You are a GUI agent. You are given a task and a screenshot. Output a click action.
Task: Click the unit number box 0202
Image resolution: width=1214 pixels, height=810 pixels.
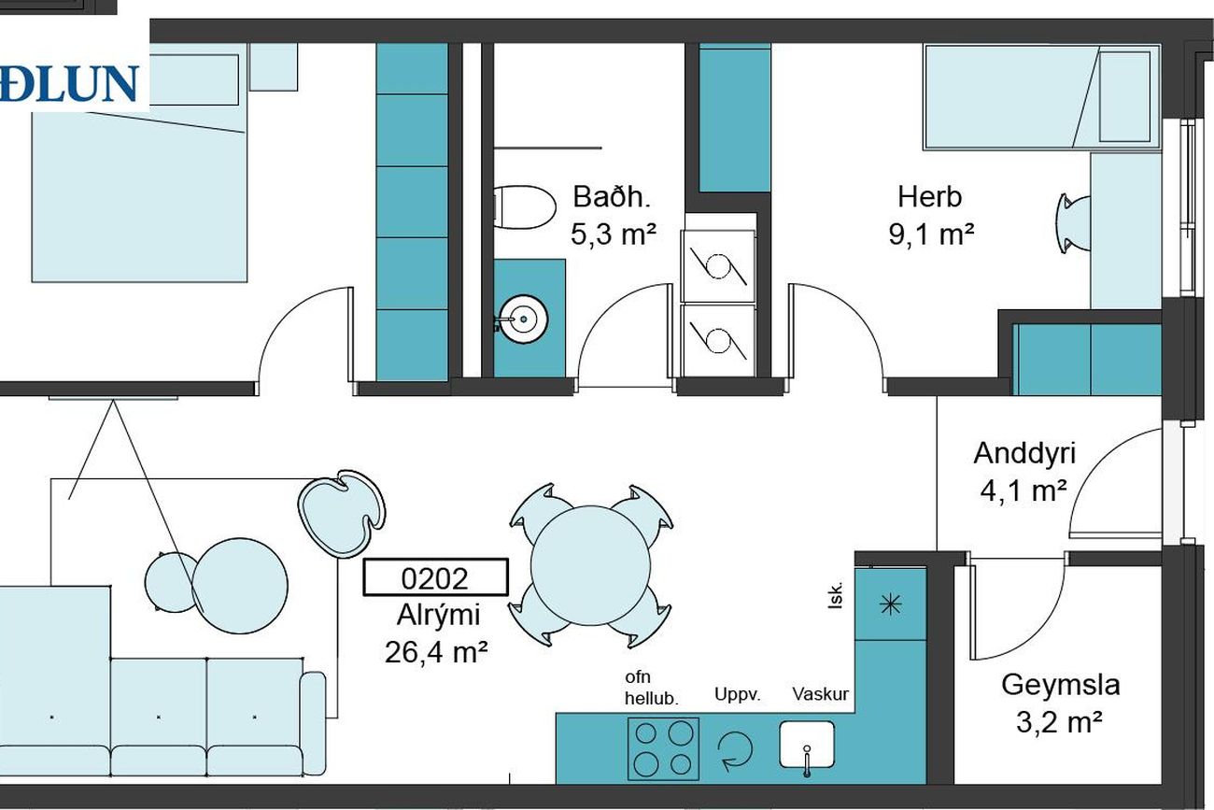tap(435, 577)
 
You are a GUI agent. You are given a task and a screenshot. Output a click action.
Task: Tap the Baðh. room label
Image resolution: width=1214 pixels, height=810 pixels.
tap(612, 197)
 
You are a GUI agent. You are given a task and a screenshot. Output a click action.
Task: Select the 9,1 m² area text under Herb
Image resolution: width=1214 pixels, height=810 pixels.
tap(931, 234)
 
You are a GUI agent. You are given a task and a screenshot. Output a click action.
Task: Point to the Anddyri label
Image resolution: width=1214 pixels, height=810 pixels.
tap(1024, 453)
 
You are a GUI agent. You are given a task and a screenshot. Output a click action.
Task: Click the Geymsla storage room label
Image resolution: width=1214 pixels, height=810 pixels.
tap(1061, 685)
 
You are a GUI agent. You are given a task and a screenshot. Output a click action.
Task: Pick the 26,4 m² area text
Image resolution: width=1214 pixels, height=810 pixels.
tap(436, 652)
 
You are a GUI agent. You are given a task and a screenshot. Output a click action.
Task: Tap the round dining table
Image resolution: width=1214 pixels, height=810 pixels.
tap(590, 565)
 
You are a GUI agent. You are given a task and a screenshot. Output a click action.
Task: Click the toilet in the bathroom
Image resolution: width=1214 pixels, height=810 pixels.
tap(525, 207)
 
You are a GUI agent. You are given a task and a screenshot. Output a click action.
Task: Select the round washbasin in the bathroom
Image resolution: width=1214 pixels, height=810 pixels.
tap(522, 320)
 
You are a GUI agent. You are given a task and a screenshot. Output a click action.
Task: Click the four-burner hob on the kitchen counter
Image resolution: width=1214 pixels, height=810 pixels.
tap(663, 748)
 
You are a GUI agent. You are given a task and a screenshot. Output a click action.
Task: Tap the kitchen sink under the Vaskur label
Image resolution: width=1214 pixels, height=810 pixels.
tap(807, 745)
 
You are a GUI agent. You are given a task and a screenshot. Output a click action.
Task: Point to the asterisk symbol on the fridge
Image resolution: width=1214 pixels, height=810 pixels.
tap(891, 604)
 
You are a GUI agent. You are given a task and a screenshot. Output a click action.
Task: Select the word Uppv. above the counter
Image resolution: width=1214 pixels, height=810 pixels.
tap(738, 695)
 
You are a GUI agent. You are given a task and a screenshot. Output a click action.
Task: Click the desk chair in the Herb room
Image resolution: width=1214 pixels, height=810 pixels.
tap(1073, 224)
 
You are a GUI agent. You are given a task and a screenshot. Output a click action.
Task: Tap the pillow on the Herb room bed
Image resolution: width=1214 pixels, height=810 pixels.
tap(1124, 96)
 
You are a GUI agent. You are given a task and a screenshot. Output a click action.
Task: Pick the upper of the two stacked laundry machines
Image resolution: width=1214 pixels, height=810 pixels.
tap(718, 265)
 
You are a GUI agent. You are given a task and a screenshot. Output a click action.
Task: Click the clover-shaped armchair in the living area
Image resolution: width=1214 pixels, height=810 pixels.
tap(342, 513)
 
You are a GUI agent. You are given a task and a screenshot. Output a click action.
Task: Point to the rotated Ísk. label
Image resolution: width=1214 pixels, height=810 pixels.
tap(836, 596)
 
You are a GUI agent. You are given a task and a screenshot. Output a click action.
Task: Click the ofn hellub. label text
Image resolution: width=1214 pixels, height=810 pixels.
tap(652, 688)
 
